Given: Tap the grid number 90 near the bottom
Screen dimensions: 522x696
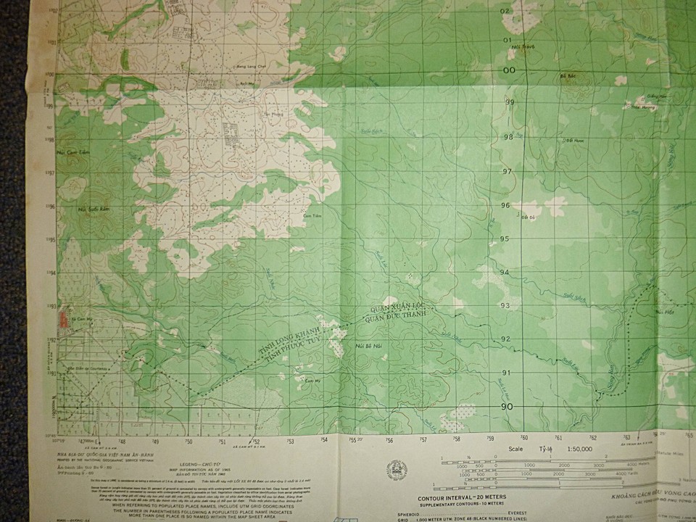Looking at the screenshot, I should pos(507,407).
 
